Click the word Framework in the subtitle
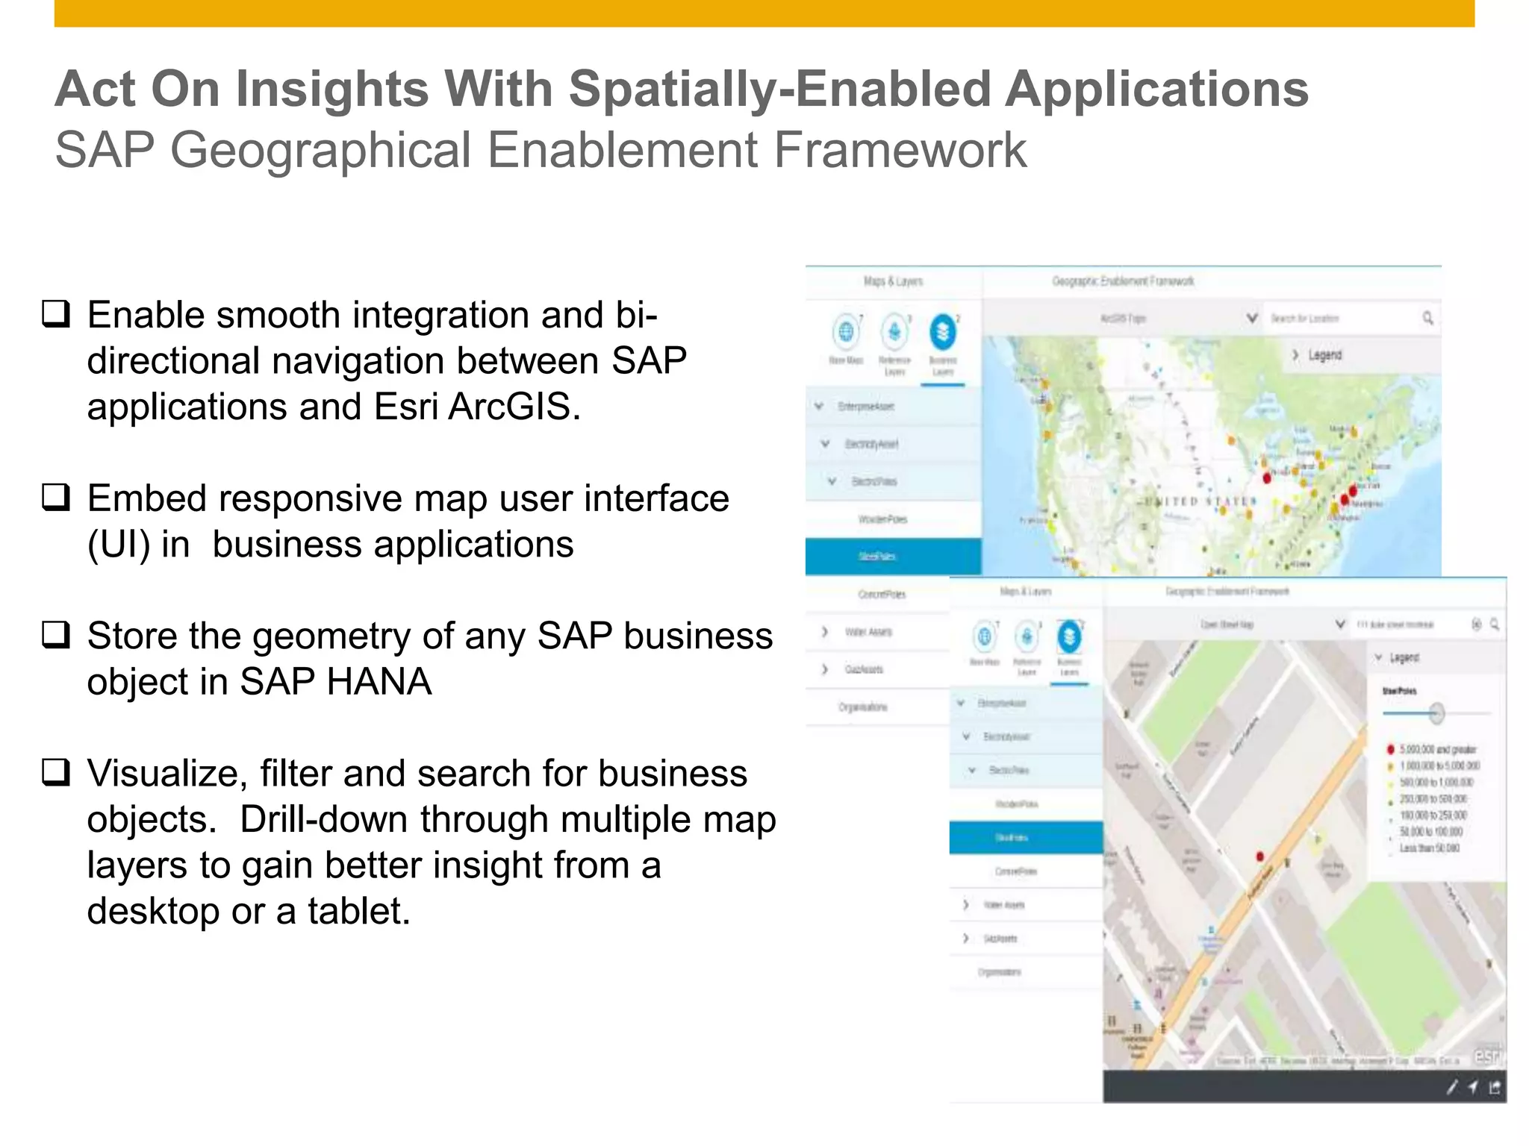coord(899,151)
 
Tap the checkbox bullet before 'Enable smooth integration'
coord(56,314)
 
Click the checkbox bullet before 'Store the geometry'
coord(56,635)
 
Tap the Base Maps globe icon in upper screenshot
coord(846,331)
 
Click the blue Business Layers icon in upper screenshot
coord(943,331)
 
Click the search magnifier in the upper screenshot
coord(1427,319)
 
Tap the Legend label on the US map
coord(1324,355)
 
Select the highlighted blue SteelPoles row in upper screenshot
coord(893,557)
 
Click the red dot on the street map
coord(1260,857)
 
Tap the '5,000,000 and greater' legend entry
coord(1436,749)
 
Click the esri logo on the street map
coord(1486,1056)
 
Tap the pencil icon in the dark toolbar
coord(1451,1088)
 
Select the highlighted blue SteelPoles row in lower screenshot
coord(1025,838)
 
